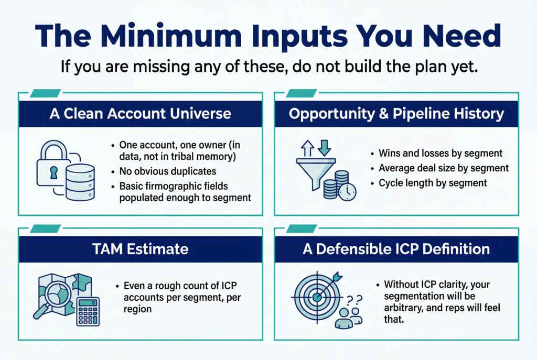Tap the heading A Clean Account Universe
click(141, 114)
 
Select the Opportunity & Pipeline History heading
click(397, 114)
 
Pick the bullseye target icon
click(316, 296)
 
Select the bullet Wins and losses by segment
click(440, 154)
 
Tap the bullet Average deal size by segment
click(444, 168)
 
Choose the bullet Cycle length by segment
click(433, 183)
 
